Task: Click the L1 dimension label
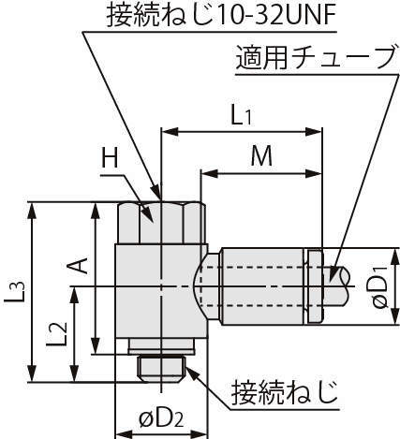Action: click(241, 117)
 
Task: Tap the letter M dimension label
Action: click(261, 156)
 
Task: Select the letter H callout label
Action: click(111, 159)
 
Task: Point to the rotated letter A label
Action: click(77, 266)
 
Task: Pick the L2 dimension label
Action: click(56, 334)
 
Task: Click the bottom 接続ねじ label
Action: click(285, 392)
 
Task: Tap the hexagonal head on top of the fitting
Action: click(162, 223)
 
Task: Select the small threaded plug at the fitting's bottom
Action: click(162, 370)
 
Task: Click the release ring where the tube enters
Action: click(315, 286)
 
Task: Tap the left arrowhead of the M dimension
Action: click(210, 174)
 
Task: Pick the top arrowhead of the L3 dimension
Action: click(32, 212)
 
